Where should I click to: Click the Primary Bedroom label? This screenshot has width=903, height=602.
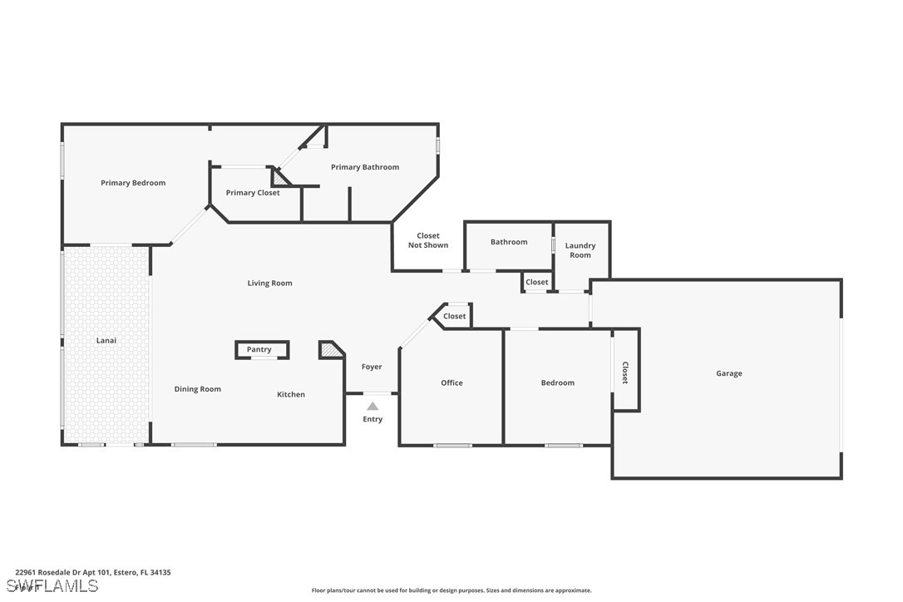coord(133,183)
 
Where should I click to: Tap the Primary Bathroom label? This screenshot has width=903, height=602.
coord(365,167)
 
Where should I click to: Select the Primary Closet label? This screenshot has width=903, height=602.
coord(253,193)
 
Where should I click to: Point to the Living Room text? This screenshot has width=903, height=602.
coord(269,284)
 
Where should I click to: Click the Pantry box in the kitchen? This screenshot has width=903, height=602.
coord(259,350)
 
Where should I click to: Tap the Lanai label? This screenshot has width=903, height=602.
coord(106,340)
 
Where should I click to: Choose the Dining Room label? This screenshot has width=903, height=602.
coord(198,389)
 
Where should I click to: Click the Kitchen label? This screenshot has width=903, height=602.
coord(291,394)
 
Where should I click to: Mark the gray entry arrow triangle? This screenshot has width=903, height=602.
coord(373,406)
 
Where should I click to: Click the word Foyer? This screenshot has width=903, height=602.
coord(372,367)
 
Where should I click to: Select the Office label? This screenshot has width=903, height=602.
coord(451,383)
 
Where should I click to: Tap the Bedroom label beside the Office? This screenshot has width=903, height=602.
coord(557,383)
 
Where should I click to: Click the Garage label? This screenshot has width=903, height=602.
coord(729,374)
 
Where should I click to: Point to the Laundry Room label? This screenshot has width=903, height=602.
coord(580,250)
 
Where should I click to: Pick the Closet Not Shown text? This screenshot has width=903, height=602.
coord(428,240)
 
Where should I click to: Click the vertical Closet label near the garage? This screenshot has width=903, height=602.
coord(625,373)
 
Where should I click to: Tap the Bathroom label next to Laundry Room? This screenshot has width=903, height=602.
coord(509,242)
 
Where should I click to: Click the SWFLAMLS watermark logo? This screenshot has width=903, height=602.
coord(50,586)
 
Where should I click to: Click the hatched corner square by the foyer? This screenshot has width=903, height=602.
coord(330,351)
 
